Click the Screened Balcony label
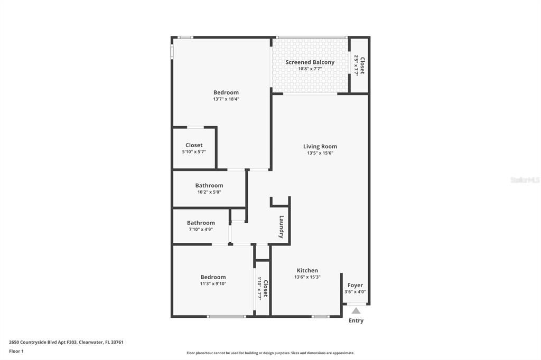tap(310, 62)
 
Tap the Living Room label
tap(320, 147)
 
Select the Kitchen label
tap(307, 271)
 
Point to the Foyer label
tap(355, 286)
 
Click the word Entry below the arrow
tap(356, 320)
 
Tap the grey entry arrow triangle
tap(356, 310)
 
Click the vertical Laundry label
tap(282, 227)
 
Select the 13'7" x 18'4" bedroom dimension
tap(226, 99)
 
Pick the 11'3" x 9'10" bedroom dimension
tap(213, 283)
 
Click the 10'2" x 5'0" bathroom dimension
tap(209, 192)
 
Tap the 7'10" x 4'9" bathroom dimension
tap(201, 230)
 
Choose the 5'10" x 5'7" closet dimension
tap(194, 151)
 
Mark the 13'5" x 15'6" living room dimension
tap(320, 153)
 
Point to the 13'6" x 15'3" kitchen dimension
tap(307, 277)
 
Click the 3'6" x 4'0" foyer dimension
tap(355, 292)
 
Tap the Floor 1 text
tap(16, 351)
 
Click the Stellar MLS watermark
tap(525, 180)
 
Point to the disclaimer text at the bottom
tap(270, 353)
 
